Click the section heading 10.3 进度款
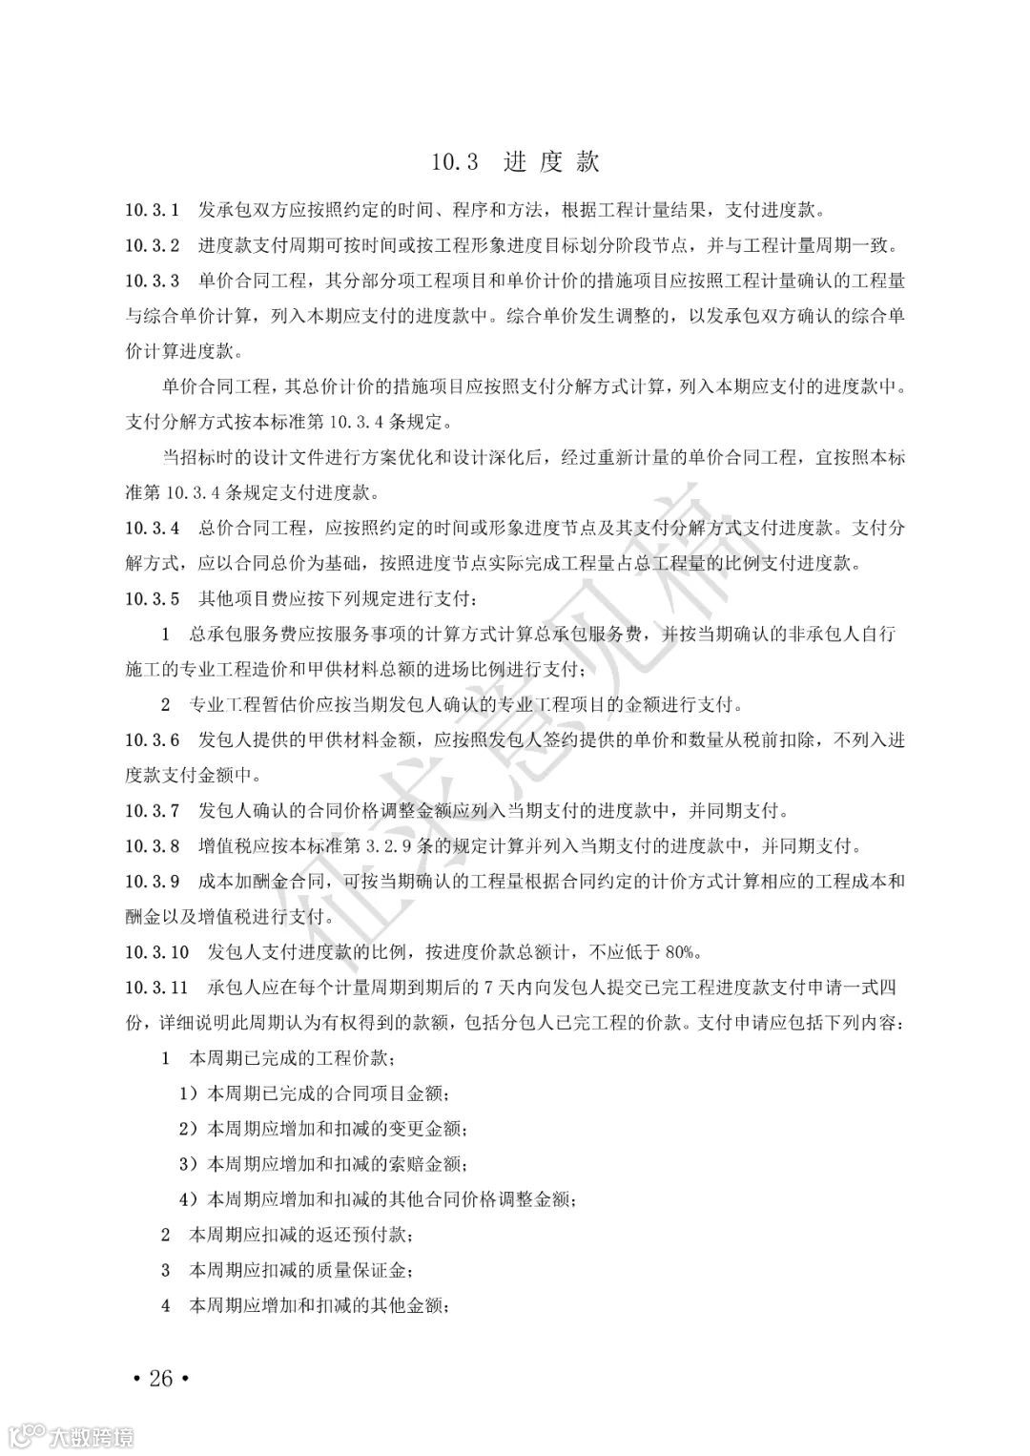coord(514,162)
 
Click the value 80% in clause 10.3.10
coord(684,952)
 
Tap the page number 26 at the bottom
coord(161,1378)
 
